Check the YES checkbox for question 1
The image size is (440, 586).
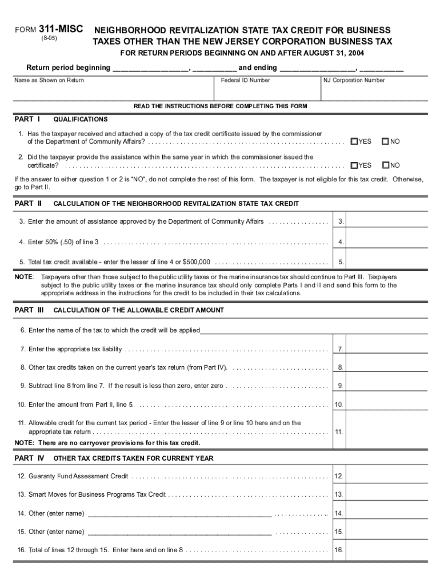pos(354,141)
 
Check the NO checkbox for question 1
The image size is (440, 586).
pos(385,141)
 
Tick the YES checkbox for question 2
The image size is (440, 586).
pos(354,165)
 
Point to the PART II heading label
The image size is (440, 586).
pos(28,203)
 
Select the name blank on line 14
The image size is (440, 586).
pos(179,514)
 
